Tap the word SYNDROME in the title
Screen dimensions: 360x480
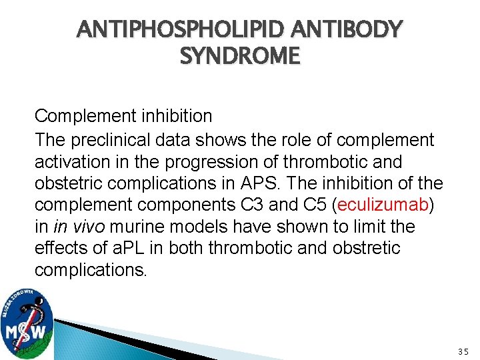tap(240, 57)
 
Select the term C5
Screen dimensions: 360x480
tap(317, 205)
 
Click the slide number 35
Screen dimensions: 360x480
tap(464, 351)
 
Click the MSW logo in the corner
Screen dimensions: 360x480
tap(27, 323)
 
